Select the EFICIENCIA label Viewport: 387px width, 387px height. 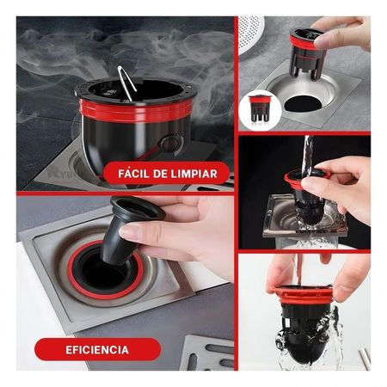(98, 349)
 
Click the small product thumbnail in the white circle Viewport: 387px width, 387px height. (259, 107)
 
